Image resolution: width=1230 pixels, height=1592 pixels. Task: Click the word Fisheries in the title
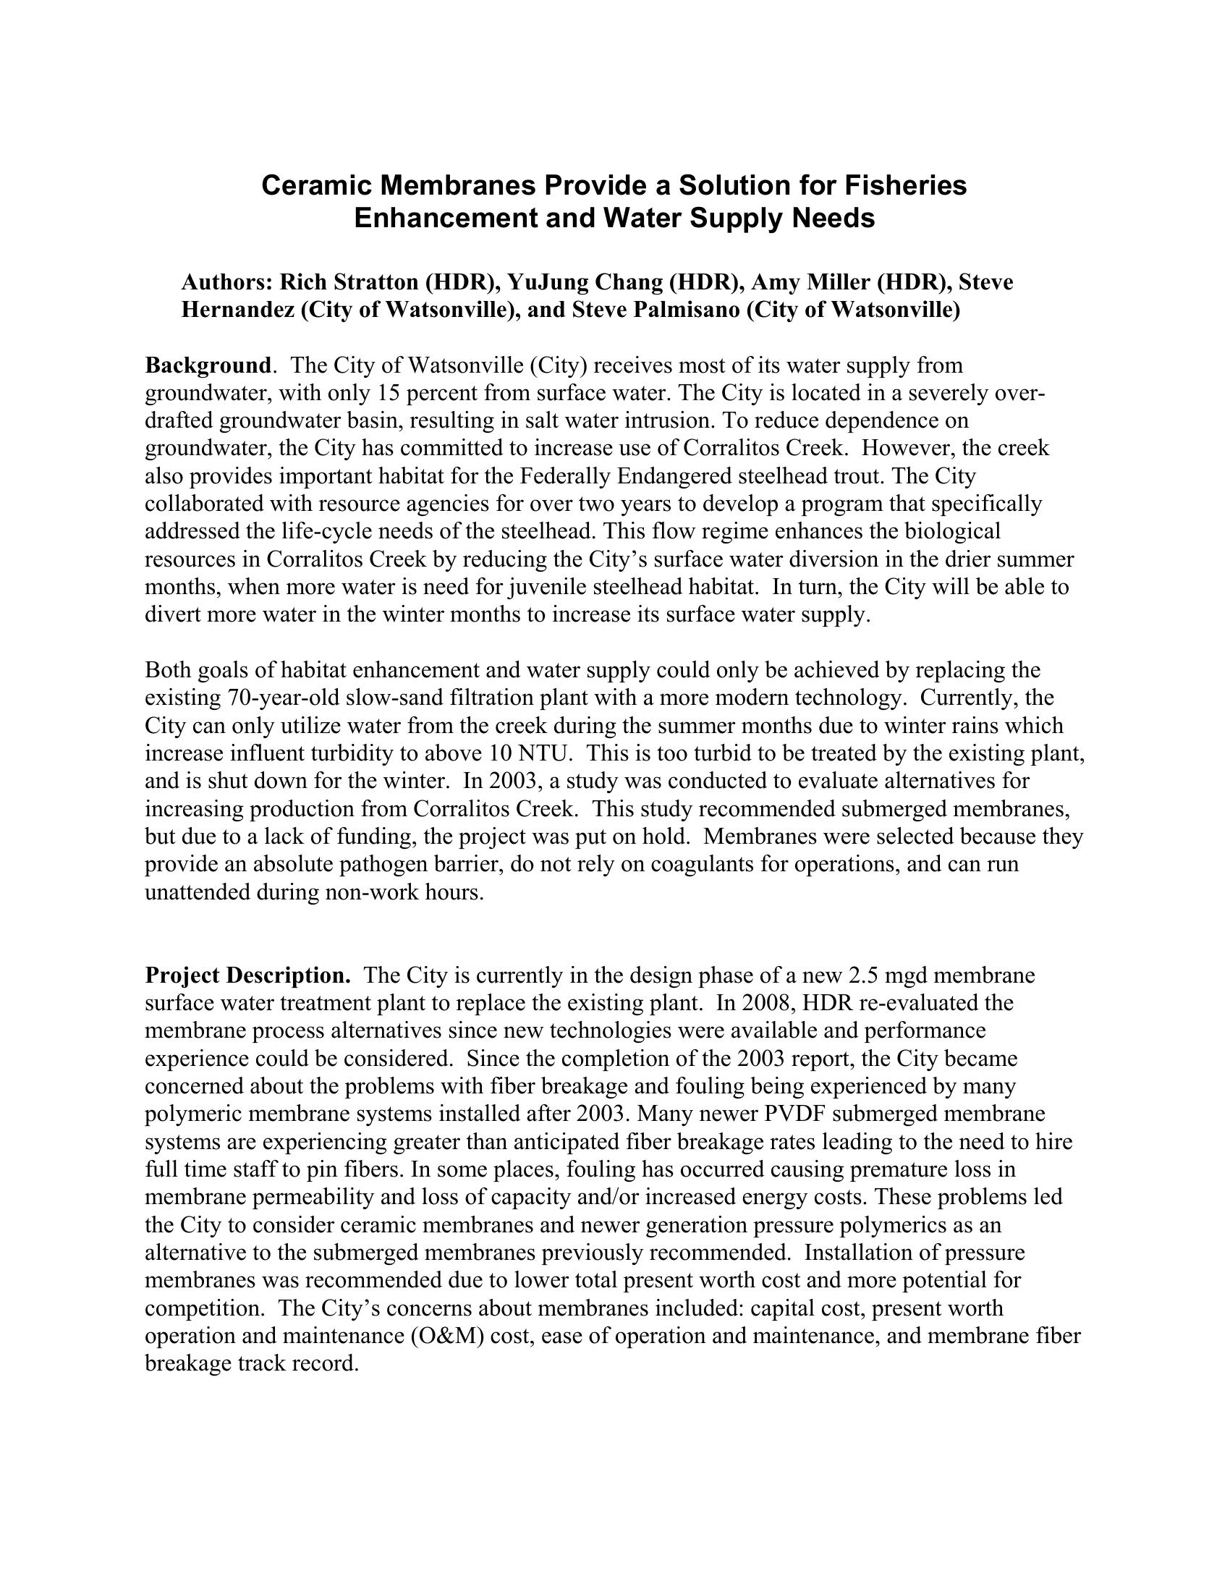tap(906, 186)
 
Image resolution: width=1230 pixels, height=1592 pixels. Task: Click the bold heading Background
tap(208, 365)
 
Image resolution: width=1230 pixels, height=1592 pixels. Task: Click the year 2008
tap(766, 1003)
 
